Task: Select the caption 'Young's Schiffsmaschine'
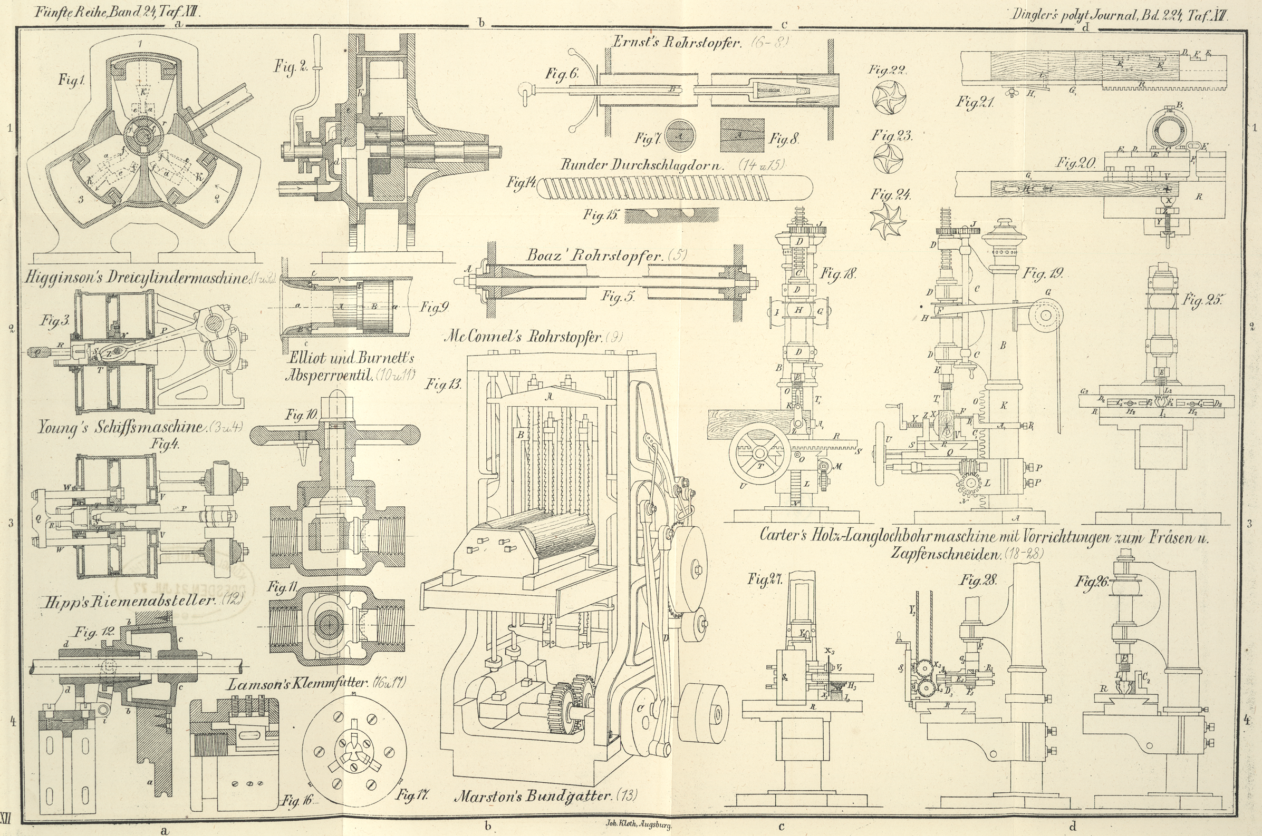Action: point(121,427)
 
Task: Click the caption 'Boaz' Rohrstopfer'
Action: point(595,256)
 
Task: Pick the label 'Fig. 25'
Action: point(1201,300)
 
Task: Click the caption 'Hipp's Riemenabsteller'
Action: point(128,601)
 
